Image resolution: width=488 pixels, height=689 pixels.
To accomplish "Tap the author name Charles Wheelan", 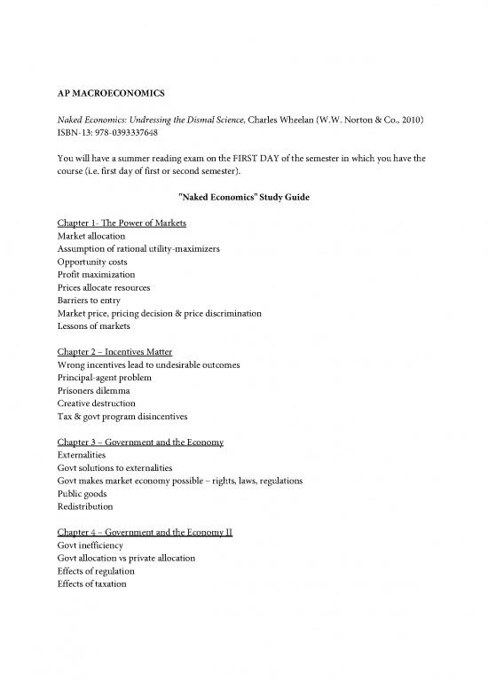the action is coord(268,121).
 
